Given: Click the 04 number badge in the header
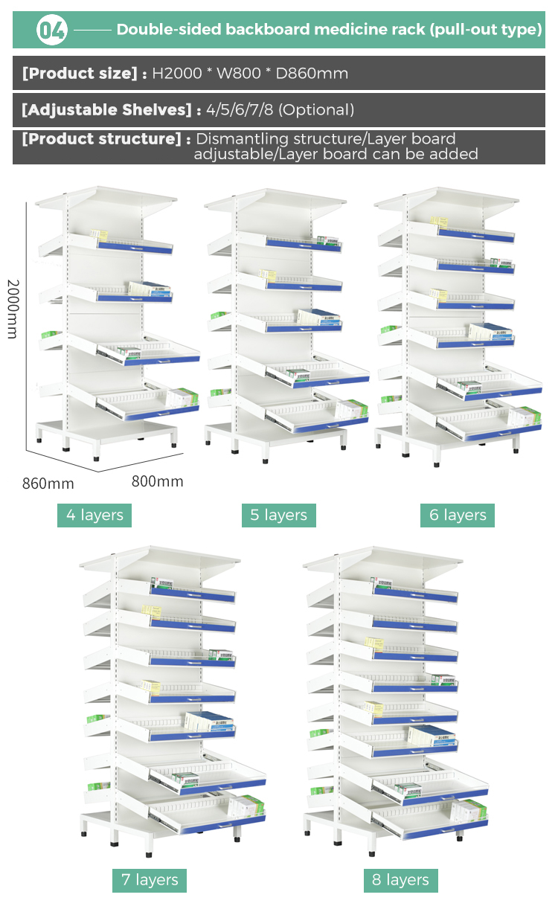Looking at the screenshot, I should coord(52,30).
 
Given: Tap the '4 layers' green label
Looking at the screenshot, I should coord(94,515).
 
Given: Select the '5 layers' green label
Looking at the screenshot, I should coord(279,515).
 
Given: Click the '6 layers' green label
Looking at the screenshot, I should coord(458,515).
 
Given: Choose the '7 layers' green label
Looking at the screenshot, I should coord(150,880).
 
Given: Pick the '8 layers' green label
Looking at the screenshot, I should coord(401,880).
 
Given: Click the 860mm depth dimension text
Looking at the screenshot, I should coord(48,484).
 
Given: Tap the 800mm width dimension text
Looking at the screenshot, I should coord(157,481).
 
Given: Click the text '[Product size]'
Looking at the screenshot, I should coord(80,73).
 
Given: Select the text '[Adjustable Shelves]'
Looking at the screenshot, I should coord(107,110).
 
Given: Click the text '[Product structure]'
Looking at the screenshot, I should coord(101,139).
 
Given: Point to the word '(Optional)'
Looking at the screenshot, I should coord(316,110).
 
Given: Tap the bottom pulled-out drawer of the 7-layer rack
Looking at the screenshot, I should coord(205,818).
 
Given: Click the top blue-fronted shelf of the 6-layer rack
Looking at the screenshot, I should coord(476,237).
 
